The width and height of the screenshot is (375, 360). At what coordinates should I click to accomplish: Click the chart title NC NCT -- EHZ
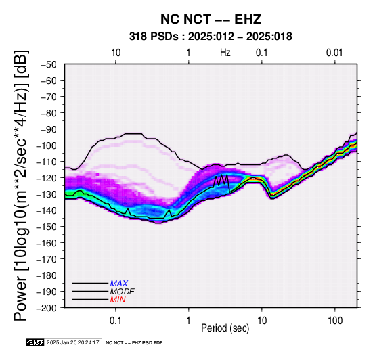coord(211,19)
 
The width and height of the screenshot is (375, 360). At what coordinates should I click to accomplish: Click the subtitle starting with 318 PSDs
coord(211,37)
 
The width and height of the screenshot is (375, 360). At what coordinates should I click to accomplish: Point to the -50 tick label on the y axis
coord(49,64)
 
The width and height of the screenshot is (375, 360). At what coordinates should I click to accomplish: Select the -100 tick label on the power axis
coord(47,145)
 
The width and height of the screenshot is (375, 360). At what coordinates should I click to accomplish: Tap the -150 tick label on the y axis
coord(47,227)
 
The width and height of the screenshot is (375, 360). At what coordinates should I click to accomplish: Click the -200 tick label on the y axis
coord(47,308)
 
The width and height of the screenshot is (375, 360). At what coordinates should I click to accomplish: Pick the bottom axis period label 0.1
coord(116,321)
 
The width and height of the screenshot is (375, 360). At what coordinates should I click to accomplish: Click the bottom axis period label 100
coord(335,321)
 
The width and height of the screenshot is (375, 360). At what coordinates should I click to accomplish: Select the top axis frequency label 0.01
coord(335,53)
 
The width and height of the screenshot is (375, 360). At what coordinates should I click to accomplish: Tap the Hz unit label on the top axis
coord(225,53)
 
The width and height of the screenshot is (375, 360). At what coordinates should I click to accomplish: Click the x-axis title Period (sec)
coord(225,328)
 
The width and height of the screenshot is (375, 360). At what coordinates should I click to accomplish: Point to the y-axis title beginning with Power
coord(20,185)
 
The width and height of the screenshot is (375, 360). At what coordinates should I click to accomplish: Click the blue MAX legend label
coord(119,284)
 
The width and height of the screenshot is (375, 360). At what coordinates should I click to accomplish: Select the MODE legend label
coord(123,292)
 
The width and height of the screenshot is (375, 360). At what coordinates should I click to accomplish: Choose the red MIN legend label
coord(118,300)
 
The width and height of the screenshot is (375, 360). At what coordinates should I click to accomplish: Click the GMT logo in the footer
coord(35,342)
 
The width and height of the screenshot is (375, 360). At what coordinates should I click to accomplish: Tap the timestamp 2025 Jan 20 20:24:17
coord(73,342)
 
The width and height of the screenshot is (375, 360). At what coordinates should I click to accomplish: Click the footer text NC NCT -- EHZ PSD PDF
coord(134,343)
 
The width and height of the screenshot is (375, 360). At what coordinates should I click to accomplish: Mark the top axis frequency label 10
coord(116,53)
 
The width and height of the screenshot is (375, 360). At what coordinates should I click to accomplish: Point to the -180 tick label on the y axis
coord(47,275)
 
